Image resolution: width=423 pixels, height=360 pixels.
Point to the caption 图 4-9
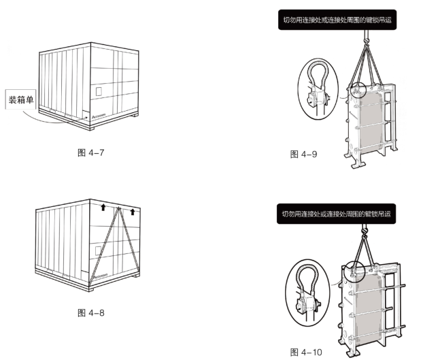click(x=304, y=154)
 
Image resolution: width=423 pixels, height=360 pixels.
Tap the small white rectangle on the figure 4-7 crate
click(x=99, y=90)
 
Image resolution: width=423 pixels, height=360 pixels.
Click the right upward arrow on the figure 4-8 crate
click(x=133, y=211)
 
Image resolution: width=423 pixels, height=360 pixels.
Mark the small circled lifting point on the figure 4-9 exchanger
click(x=357, y=91)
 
